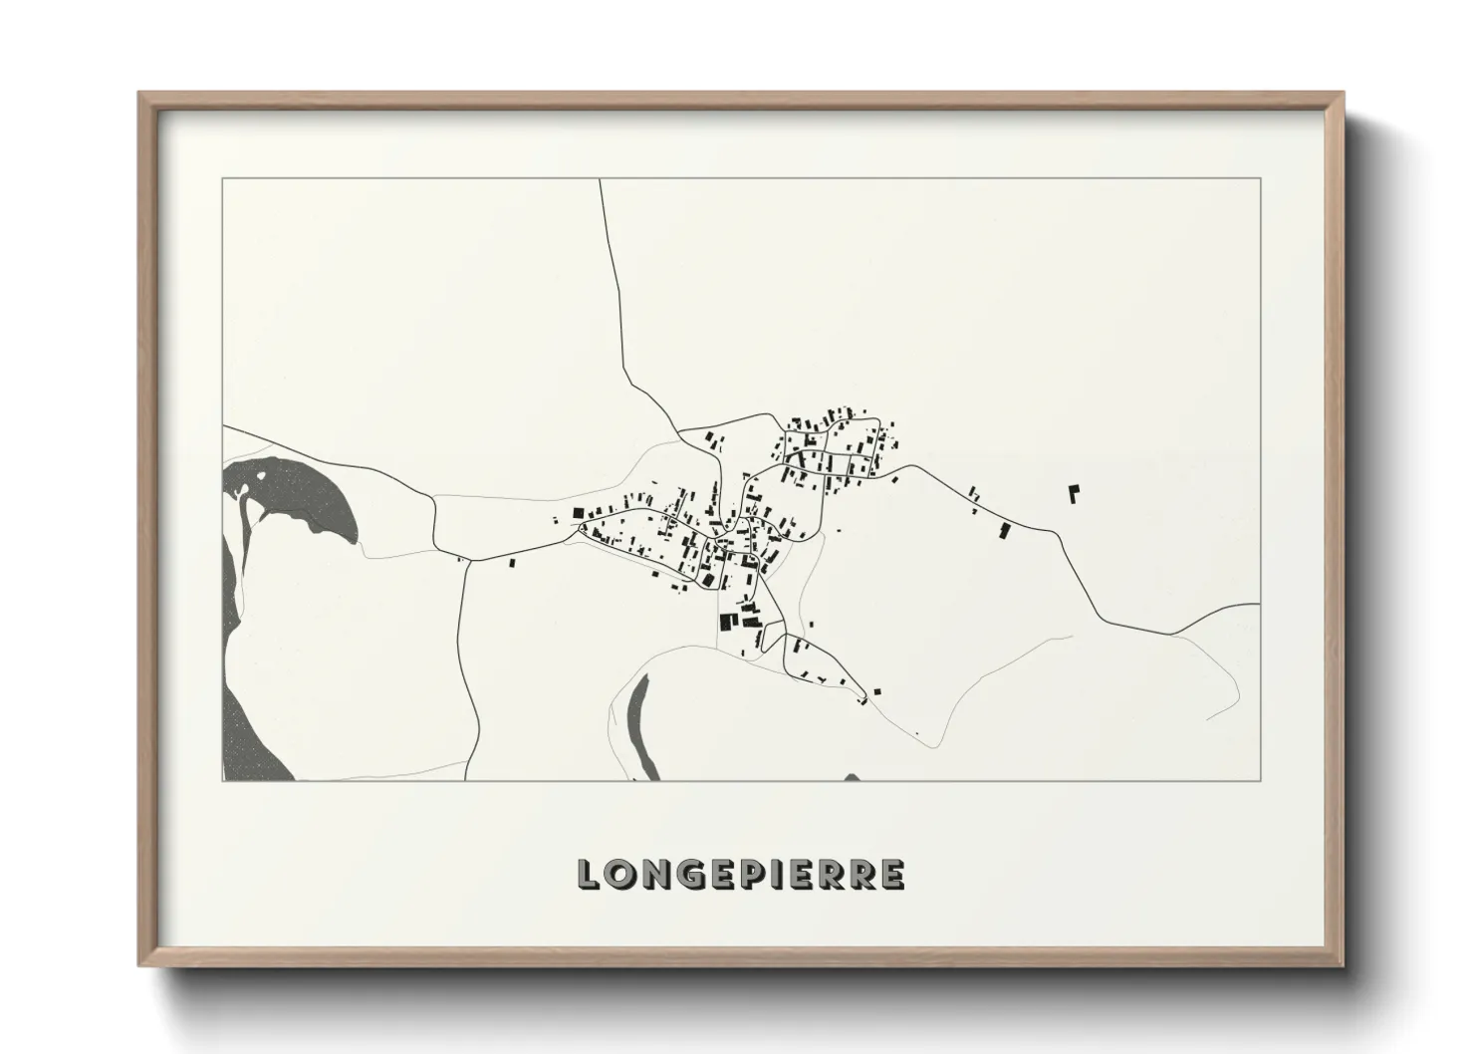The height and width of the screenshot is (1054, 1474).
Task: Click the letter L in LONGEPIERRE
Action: point(590,874)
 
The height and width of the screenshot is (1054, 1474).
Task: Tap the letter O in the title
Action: point(620,874)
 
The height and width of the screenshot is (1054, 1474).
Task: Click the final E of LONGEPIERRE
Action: point(893,874)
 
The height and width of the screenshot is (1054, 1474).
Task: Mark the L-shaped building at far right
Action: point(1074,493)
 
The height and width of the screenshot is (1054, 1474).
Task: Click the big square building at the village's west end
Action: point(578,513)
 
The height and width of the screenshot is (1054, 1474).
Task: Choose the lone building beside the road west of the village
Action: point(514,563)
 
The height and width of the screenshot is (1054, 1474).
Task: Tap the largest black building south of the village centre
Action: point(726,622)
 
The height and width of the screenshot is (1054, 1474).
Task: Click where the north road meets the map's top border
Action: point(600,179)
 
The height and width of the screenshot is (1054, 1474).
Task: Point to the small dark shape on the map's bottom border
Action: point(852,777)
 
